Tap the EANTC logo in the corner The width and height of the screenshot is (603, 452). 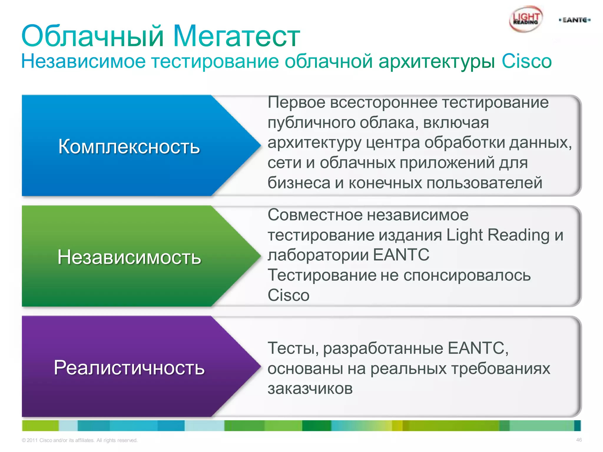click(x=574, y=20)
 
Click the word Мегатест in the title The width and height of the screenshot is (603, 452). click(x=236, y=36)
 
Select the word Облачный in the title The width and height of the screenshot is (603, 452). click(x=92, y=36)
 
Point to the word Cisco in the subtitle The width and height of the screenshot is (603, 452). click(x=526, y=61)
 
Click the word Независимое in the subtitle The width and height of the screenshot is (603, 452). click(x=83, y=61)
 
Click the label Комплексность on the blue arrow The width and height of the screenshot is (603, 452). click(x=129, y=146)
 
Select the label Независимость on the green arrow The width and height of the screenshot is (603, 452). click(x=129, y=257)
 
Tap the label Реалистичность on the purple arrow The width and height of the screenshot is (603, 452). click(x=129, y=368)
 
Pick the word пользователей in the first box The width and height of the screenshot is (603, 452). click(x=484, y=183)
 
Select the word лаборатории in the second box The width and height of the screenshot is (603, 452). click(x=318, y=255)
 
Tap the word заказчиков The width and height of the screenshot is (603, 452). click(x=310, y=388)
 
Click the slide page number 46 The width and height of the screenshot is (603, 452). click(x=579, y=440)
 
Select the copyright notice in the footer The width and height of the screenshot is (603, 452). click(x=79, y=440)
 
